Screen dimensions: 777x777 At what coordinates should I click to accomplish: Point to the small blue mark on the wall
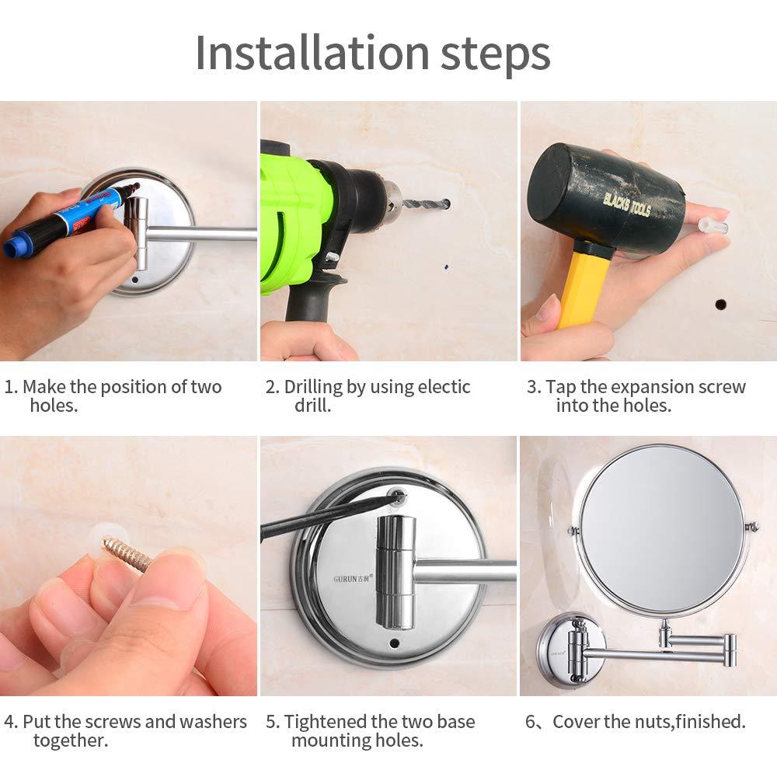coord(446,267)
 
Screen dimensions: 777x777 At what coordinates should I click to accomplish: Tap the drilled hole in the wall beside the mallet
coord(720,304)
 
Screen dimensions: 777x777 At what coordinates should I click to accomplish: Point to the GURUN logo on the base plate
coord(353,579)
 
